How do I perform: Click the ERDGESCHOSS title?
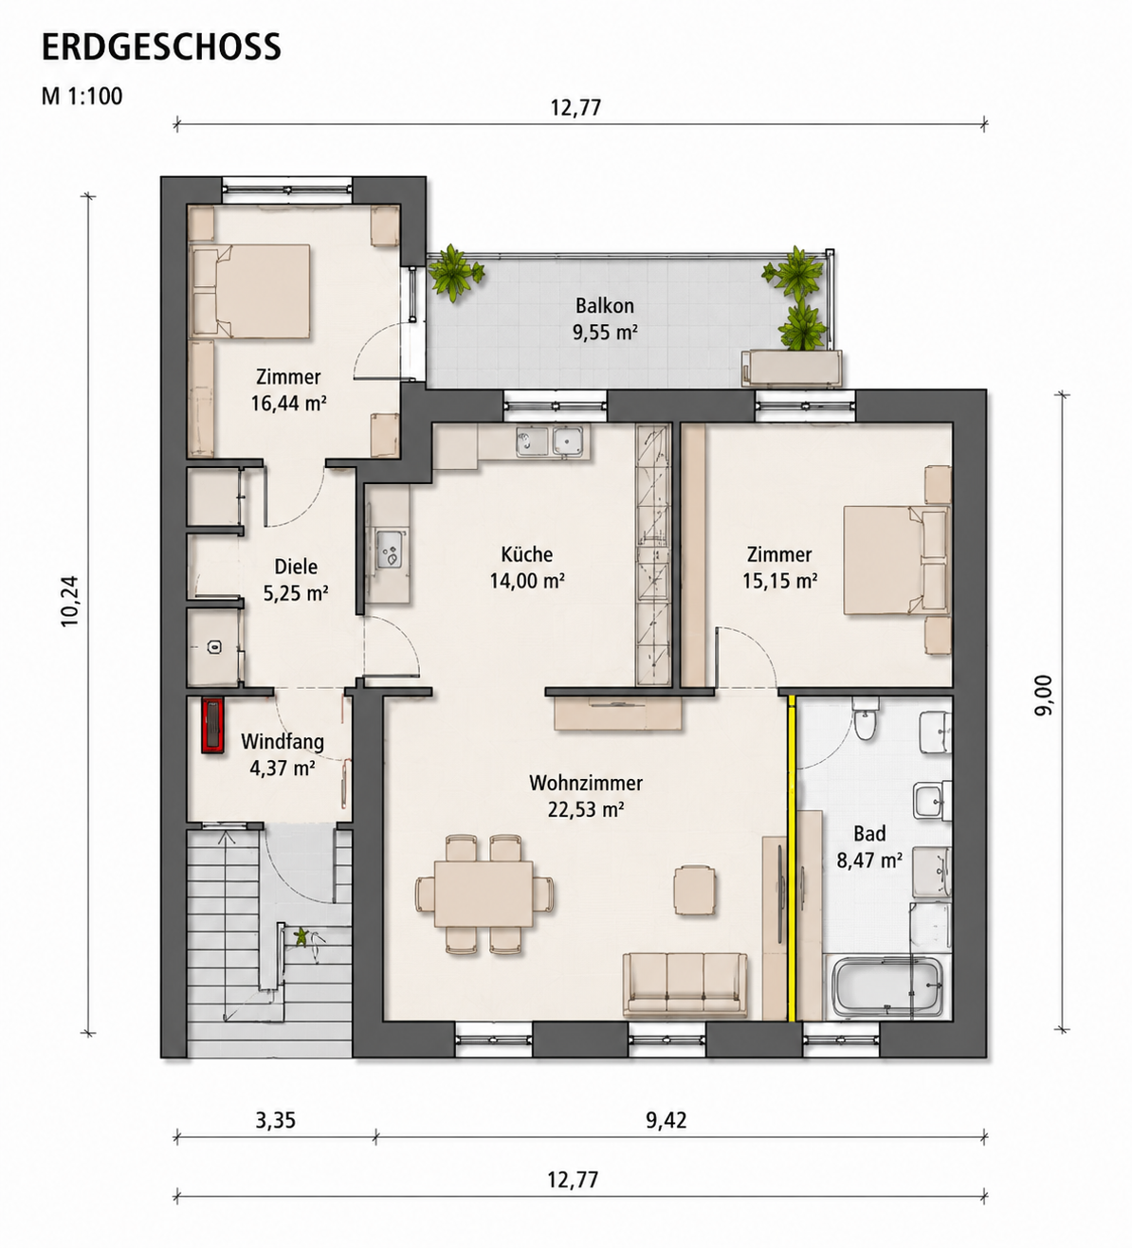pos(161,46)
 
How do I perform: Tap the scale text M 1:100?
pos(82,97)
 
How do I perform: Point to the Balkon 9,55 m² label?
pos(605,318)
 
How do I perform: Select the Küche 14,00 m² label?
pos(527,567)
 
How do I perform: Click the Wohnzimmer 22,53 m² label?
pos(586,796)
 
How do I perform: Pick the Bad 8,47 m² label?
pos(870,847)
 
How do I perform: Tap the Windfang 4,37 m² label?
pos(283,754)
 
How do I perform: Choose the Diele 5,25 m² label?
pos(296,579)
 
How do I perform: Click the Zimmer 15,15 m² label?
pos(779,567)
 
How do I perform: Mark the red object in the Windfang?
pos(212,726)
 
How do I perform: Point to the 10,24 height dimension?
pos(70,602)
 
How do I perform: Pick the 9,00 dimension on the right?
pos(1044,696)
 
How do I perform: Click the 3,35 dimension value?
pos(275,1120)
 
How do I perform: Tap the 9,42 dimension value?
pos(666,1120)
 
